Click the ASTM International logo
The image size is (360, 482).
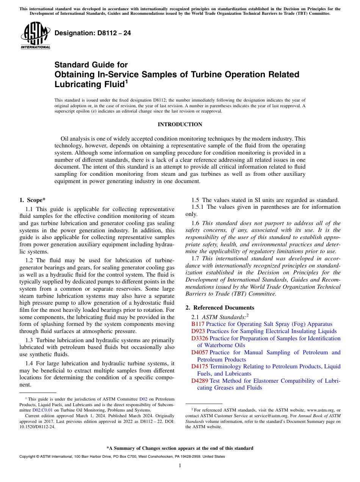[35, 35]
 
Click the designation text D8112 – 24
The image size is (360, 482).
[93, 33]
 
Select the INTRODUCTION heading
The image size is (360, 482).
[180, 125]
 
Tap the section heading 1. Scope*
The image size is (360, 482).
[33, 200]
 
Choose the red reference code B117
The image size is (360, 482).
[198, 324]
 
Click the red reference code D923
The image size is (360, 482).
[198, 331]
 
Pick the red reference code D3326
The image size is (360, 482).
[200, 338]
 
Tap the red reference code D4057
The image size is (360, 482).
[200, 352]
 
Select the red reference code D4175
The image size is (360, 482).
[200, 366]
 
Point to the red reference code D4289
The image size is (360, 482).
[200, 381]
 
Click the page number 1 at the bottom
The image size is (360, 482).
[180, 466]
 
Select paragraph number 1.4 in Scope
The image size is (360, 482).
[30, 363]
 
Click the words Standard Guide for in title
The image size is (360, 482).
[91, 65]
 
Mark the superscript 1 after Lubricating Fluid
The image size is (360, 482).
[127, 81]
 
